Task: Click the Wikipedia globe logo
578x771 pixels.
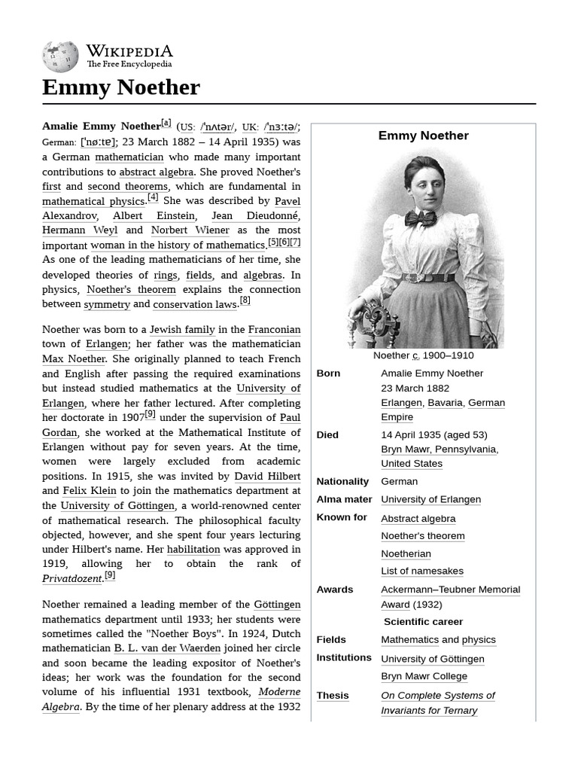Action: coord(60,56)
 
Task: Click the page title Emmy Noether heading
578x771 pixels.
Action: coord(121,87)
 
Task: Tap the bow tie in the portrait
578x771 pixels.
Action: coord(421,218)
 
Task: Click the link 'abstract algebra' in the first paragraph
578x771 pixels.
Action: coord(156,172)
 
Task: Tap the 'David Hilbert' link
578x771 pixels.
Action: coord(267,477)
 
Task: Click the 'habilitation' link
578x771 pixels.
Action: coord(193,550)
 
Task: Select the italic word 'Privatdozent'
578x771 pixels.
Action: coord(72,579)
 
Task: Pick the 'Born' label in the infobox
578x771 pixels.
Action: coord(328,373)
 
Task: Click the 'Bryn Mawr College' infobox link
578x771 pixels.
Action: coord(424,676)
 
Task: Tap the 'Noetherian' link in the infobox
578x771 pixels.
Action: coord(406,553)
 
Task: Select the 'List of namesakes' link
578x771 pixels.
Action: coord(422,571)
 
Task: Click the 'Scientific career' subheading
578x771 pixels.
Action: coord(423,622)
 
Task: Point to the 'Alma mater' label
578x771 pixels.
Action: coord(344,499)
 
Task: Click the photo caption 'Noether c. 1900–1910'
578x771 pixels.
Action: coord(424,355)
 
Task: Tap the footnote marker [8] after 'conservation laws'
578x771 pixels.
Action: coord(245,301)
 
